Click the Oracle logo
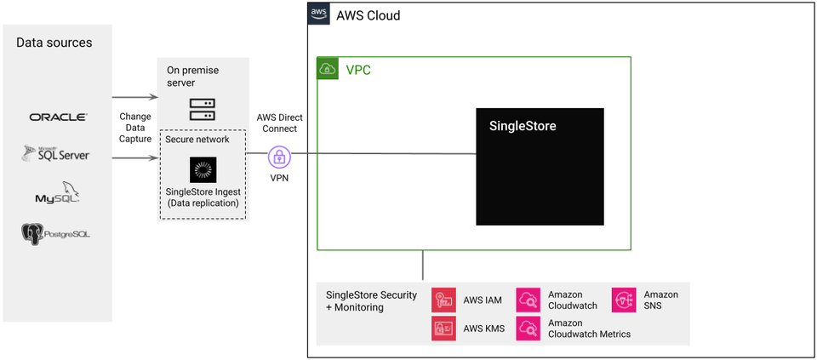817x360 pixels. tap(58, 117)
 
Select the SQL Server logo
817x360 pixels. tap(56, 154)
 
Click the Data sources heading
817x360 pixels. tap(54, 43)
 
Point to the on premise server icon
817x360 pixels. tap(202, 109)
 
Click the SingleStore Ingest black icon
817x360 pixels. tap(203, 170)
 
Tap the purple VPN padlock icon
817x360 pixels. tap(278, 157)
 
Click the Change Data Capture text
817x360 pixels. tap(135, 128)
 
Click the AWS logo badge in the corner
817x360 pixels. tap(318, 14)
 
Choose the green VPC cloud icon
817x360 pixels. tap(328, 68)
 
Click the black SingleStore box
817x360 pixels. tap(540, 167)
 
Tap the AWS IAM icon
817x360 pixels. tap(443, 300)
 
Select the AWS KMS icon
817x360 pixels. tap(443, 329)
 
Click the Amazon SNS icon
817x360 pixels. tap(624, 300)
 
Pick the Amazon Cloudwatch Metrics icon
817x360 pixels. tap(528, 329)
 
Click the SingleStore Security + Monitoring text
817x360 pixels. tap(371, 301)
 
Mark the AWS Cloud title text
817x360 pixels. tap(368, 15)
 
